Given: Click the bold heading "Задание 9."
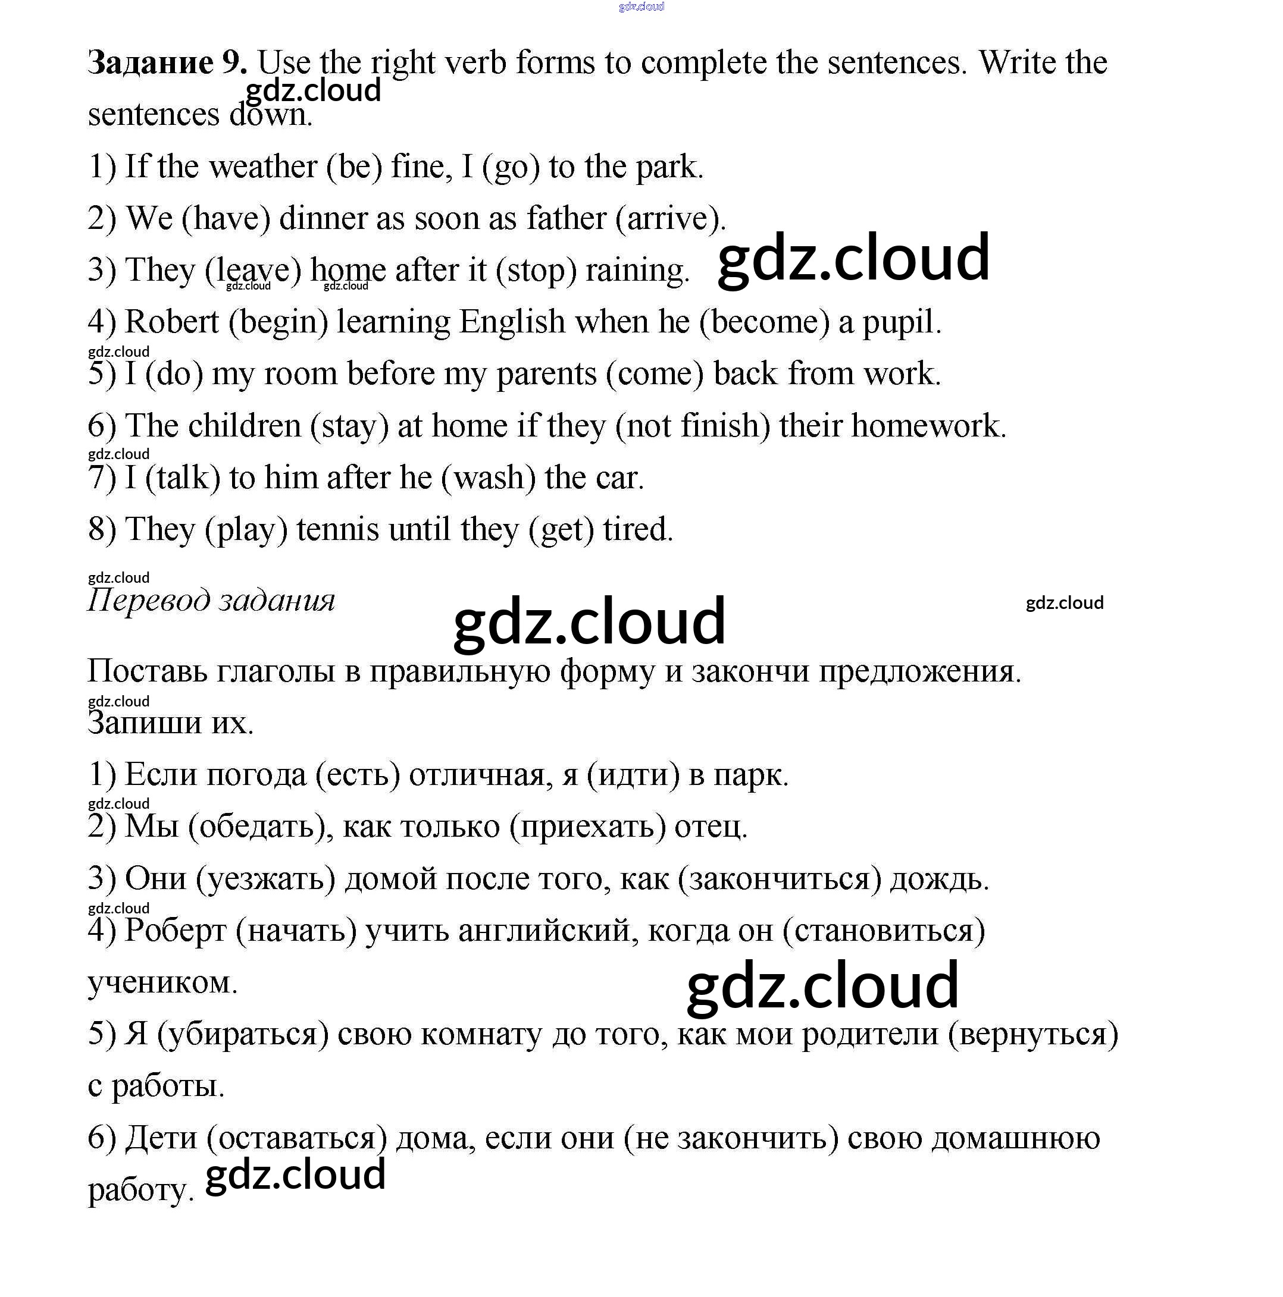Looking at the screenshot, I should (167, 62).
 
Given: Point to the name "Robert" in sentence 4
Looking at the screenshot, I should (172, 322).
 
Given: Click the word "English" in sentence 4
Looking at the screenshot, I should (512, 322).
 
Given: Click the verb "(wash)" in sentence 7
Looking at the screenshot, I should (489, 478).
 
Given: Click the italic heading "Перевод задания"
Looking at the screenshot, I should (211, 599).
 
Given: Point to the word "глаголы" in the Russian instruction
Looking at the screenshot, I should (276, 671).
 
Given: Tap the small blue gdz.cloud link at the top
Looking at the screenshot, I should (641, 7).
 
